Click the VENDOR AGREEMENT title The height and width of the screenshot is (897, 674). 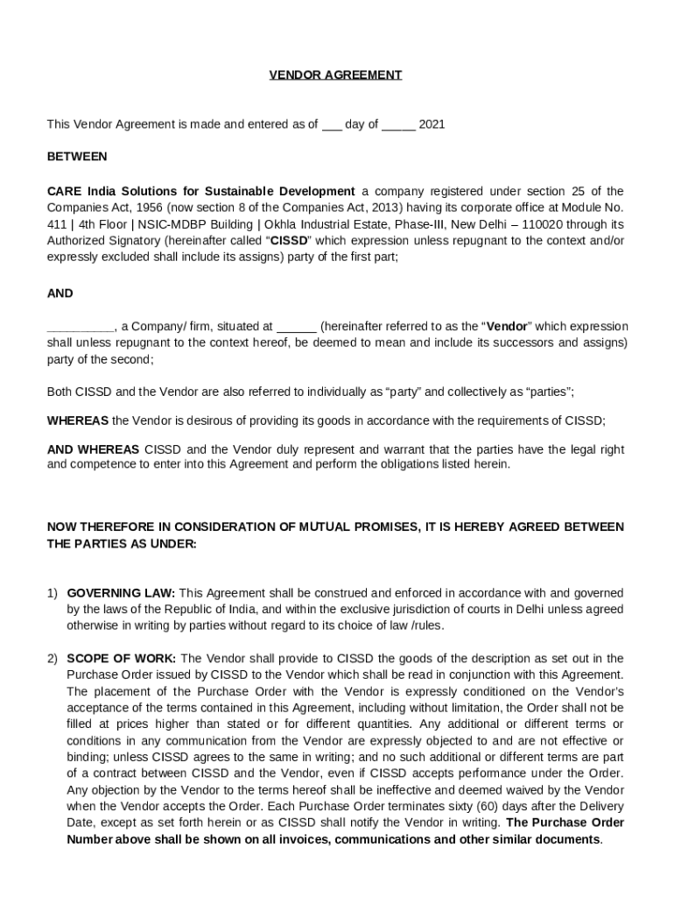[x=335, y=75]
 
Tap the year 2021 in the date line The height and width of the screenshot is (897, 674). [x=432, y=124]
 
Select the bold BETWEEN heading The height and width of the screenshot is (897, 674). [x=77, y=157]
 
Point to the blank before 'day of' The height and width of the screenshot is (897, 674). [x=331, y=125]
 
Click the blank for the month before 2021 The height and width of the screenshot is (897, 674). [x=398, y=125]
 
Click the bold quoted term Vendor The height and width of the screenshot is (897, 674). [x=507, y=327]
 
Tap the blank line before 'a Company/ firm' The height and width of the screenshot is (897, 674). [x=80, y=328]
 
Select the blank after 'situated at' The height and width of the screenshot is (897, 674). [x=296, y=328]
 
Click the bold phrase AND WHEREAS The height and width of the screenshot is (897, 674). [x=93, y=449]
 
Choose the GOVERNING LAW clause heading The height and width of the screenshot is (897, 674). [x=122, y=593]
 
